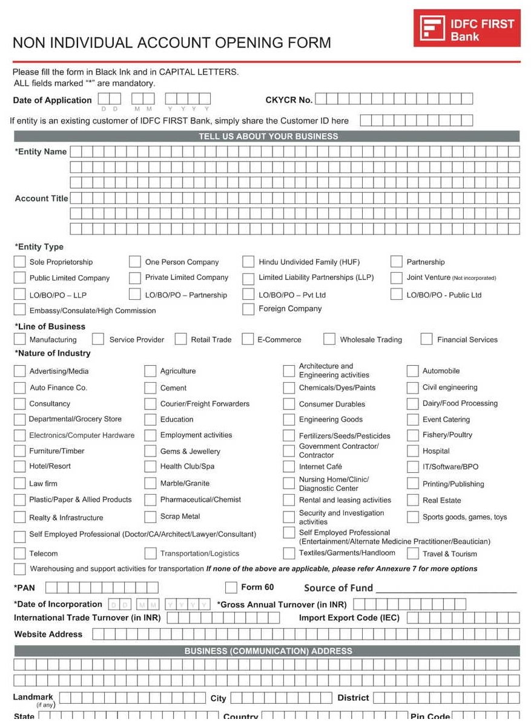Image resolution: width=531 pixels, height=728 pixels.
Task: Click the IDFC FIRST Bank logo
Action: coord(467,28)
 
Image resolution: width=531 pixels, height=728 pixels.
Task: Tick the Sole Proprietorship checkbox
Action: coord(19,262)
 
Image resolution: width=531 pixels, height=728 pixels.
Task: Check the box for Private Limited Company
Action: coord(135,278)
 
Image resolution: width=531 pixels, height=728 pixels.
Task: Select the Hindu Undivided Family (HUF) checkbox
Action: coord(248,262)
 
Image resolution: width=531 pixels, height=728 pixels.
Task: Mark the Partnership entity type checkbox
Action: coord(397,262)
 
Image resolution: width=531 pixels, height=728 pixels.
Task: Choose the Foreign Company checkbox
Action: coord(248,309)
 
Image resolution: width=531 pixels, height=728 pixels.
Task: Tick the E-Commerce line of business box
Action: coord(248,339)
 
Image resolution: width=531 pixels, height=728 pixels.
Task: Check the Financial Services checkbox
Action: coord(427,339)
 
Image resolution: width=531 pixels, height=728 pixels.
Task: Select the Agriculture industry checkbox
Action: coord(150,371)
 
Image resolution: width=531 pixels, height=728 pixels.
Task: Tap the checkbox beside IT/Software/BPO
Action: coord(412,467)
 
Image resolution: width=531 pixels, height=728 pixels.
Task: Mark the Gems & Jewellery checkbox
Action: coord(150,451)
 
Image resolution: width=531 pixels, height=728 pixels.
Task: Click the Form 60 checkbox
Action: coord(231,588)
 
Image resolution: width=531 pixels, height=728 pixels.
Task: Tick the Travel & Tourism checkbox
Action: coord(412,554)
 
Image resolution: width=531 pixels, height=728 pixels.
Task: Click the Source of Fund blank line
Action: coord(446,588)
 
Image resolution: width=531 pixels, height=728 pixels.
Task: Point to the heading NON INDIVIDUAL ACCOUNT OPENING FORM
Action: coord(172,43)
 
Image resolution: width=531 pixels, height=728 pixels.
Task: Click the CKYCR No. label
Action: coord(289,100)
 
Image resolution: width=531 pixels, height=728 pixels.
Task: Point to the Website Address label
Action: coord(48,634)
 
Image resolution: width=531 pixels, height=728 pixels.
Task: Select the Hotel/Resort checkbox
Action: coord(19,467)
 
